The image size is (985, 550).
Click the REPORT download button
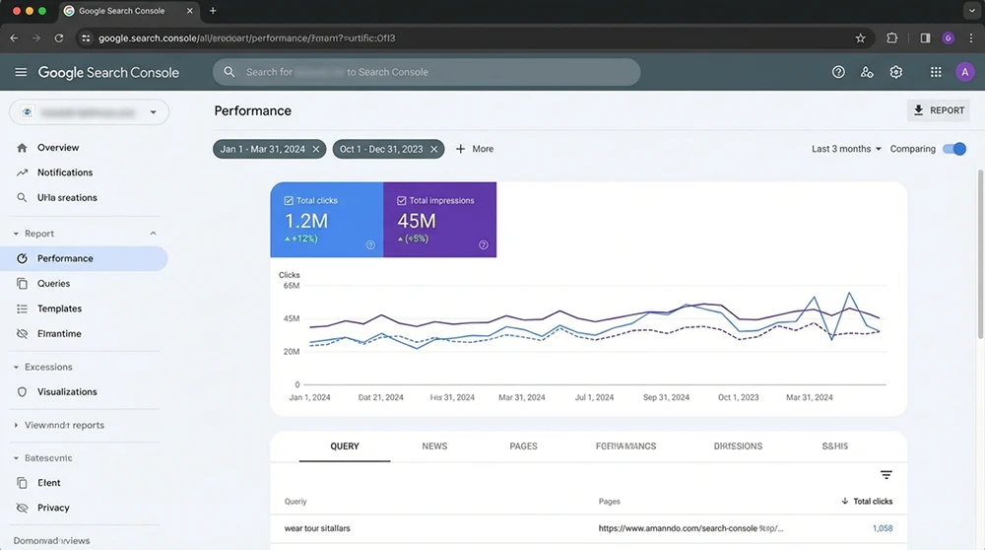938,110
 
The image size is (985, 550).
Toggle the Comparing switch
953,149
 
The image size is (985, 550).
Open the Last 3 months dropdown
846,149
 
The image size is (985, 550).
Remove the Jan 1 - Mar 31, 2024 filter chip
316,149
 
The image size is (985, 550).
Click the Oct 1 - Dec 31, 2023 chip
380,149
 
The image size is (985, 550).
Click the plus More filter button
474,149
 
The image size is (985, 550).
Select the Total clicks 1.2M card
326,220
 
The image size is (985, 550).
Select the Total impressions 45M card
439,220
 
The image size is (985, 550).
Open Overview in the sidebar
58,148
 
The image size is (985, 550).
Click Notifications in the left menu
65,172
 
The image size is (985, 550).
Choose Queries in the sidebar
53,284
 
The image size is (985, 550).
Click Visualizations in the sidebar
67,392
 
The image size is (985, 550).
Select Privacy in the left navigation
53,509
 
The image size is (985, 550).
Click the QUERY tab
345,447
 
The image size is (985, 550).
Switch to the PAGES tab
523,447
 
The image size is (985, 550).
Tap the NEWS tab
434,447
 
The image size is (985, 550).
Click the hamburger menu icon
21,72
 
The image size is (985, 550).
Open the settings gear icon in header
895,72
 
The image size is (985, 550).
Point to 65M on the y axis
291,286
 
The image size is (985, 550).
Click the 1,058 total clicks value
882,529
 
